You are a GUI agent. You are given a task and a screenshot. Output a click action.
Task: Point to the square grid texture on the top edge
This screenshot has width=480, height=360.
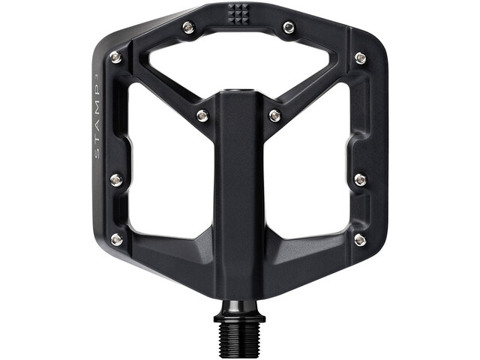tap(239, 13)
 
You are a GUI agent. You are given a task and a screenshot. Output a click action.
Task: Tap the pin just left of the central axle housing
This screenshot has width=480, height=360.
tap(202, 115)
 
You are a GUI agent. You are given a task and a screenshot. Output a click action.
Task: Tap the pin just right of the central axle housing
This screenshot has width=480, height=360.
tap(275, 115)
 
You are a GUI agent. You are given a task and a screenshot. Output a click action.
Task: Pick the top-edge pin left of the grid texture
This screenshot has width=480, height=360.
tap(188, 28)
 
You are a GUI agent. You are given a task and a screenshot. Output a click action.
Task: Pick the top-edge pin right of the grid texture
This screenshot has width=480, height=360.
tap(289, 28)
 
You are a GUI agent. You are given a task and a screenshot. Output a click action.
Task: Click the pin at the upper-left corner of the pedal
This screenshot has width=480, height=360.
tap(116, 57)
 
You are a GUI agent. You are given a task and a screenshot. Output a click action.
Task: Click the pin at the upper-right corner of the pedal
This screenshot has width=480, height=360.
tap(361, 58)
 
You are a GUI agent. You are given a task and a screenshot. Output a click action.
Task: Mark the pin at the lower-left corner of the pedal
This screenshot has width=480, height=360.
tap(116, 239)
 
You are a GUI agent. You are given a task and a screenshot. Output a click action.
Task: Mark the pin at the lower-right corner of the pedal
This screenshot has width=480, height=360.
tap(361, 239)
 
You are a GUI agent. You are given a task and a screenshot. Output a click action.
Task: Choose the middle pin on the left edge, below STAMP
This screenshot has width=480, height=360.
tap(116, 179)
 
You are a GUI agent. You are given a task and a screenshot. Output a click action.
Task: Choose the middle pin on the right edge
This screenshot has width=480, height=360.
tap(361, 179)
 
